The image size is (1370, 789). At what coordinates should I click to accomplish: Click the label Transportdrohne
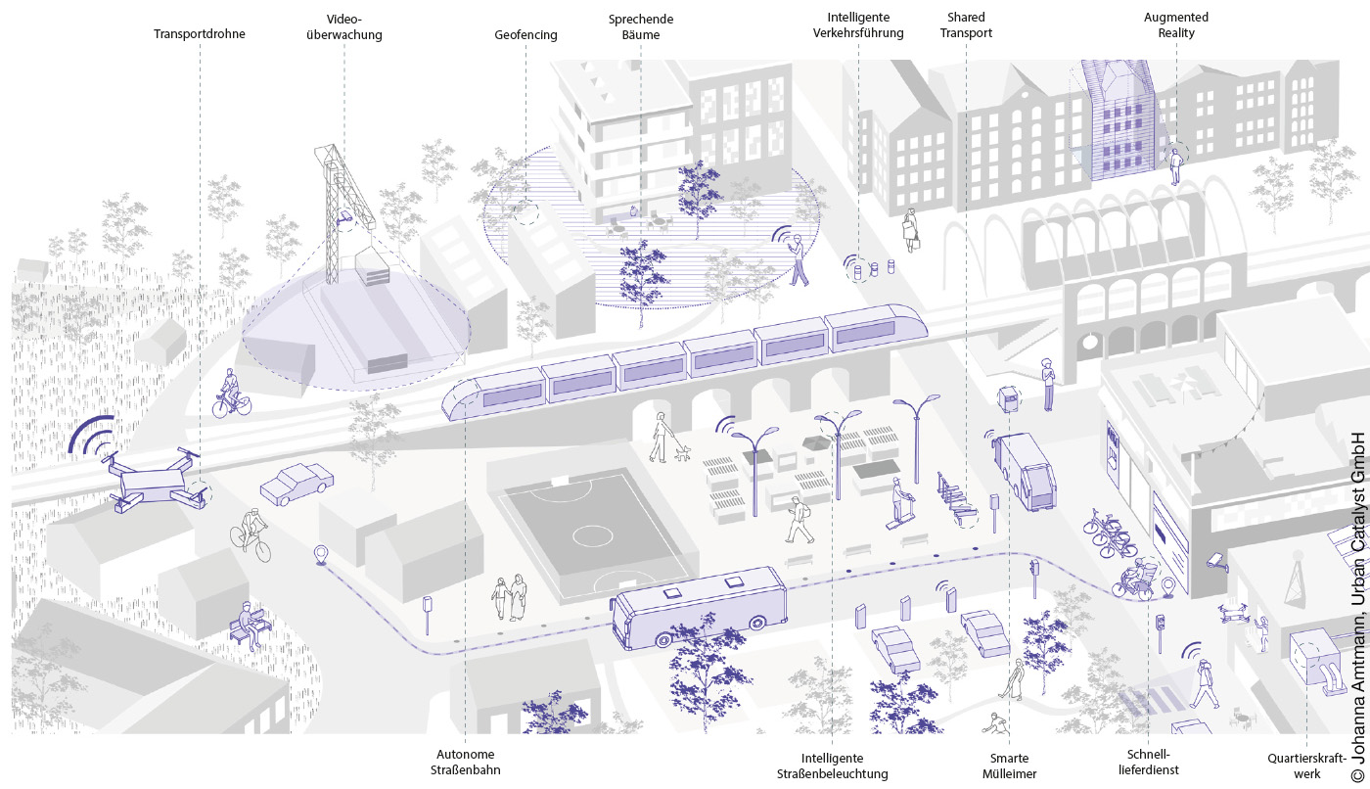(x=200, y=34)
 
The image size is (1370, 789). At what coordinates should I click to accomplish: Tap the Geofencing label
(x=525, y=35)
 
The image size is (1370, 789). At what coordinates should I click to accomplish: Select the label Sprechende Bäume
(x=641, y=26)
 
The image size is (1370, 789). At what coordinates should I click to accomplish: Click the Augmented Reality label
(x=1176, y=25)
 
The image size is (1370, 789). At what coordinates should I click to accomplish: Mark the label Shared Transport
(x=968, y=25)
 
